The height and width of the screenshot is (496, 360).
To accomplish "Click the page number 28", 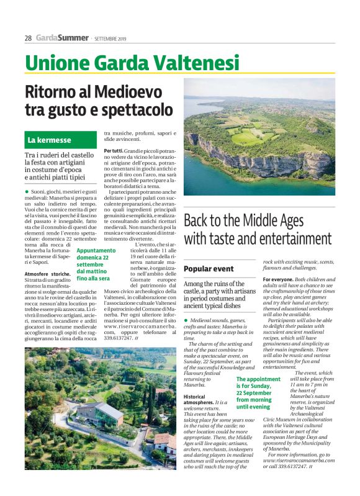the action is (x=28, y=38).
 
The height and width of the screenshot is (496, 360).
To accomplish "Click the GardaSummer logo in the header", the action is (x=62, y=38).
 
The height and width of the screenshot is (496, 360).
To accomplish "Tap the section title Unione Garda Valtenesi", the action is (x=132, y=63).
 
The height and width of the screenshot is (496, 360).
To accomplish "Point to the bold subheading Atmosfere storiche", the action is (x=47, y=274).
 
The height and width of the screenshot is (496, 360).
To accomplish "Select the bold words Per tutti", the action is (x=113, y=151).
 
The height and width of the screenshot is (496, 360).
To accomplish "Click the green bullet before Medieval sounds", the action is (x=186, y=320).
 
